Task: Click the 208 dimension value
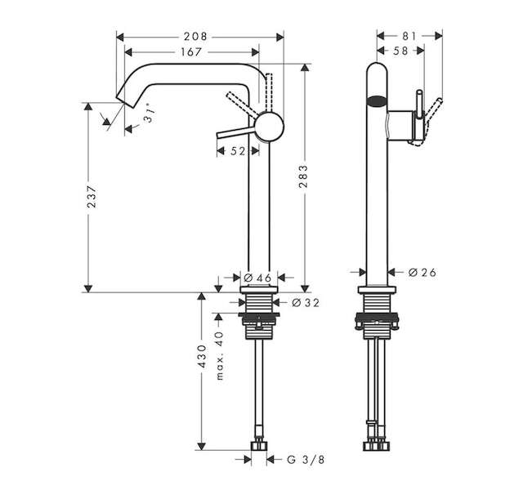coord(195,37)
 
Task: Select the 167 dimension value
coord(191,52)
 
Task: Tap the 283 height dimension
coord(303,176)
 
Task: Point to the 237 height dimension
coord(92,196)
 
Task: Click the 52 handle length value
coord(238,151)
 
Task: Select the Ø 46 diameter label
coord(258,278)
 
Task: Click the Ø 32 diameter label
coord(306,303)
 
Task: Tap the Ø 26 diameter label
coord(422,272)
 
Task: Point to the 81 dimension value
coord(409,36)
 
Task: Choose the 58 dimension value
coord(400,51)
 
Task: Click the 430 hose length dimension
coord(202,356)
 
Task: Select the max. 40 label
coord(220,355)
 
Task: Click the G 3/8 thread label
coord(306,460)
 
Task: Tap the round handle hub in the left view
coord(269,127)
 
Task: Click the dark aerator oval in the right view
coord(377,101)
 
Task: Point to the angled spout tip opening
coord(124,100)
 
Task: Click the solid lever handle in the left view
coord(236,132)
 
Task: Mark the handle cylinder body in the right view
coord(400,126)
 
